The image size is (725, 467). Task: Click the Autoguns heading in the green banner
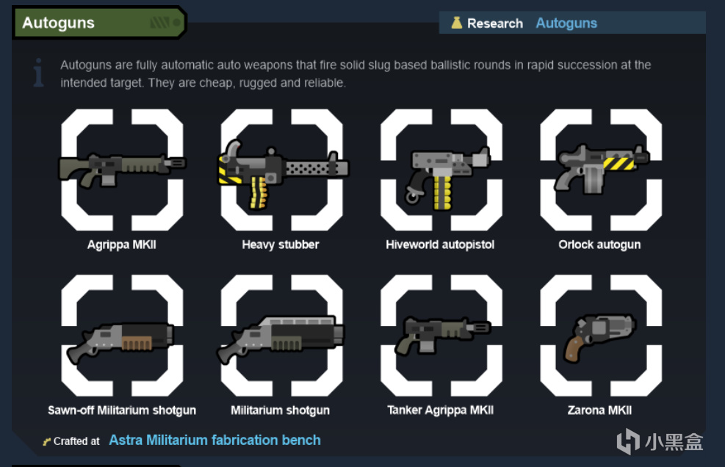coord(58,23)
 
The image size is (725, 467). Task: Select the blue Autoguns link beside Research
coord(566,23)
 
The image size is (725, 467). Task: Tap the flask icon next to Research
coord(456,23)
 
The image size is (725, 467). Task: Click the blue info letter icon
coord(39,73)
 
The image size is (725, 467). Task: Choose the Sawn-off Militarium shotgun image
coord(120,342)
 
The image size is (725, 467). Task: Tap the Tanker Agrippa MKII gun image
coord(442,335)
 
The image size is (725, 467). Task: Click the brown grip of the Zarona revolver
coord(574,349)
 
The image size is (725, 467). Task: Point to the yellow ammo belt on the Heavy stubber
coord(259,192)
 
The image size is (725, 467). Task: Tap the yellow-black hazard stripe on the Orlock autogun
coord(618,163)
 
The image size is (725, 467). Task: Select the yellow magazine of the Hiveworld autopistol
coord(442,192)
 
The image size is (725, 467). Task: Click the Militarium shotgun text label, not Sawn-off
coord(280,410)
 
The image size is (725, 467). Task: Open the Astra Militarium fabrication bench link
coord(214,440)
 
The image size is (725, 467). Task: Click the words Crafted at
coord(76,441)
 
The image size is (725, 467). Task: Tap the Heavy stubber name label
coord(280,245)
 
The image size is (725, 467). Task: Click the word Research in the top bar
coord(495,23)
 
